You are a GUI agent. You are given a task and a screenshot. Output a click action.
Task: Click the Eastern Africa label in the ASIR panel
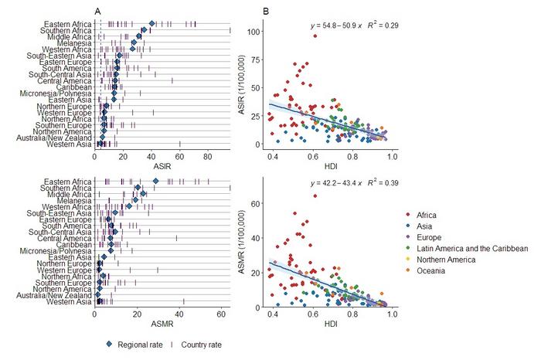67,24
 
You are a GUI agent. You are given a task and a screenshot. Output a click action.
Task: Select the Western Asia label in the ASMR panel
70,302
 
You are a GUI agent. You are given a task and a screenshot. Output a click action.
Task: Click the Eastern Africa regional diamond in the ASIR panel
152,24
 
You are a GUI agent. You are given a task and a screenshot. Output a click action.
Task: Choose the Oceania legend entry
433,271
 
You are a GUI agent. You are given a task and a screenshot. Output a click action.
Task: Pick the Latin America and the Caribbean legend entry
473,248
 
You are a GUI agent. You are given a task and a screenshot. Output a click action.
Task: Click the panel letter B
266,11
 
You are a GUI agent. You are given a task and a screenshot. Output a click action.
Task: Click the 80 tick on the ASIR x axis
207,156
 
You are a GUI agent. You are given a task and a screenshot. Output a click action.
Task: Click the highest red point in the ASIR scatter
315,36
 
